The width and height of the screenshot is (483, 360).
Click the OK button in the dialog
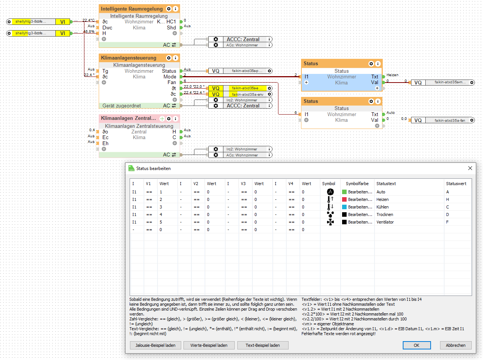click(x=416, y=345)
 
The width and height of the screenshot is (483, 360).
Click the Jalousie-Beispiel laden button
click(x=155, y=345)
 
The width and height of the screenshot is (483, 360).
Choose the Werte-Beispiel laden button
click(x=209, y=345)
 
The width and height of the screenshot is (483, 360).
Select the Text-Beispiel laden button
click(x=263, y=345)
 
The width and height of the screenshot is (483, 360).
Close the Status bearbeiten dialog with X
click(x=470, y=168)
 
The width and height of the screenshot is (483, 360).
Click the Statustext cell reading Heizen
click(x=382, y=199)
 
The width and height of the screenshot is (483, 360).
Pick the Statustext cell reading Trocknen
click(x=385, y=214)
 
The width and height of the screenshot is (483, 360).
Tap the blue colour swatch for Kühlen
click(x=344, y=207)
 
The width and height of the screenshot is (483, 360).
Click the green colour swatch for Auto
click(x=344, y=192)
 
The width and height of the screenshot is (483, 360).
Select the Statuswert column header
click(x=456, y=184)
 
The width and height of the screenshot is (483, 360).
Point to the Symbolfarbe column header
click(x=357, y=184)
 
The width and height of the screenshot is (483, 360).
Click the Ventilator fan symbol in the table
click(x=330, y=222)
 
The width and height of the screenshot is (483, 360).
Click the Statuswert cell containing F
click(x=448, y=222)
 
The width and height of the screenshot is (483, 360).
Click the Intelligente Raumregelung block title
click(x=131, y=9)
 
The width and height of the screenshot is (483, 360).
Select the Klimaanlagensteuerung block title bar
click(x=128, y=58)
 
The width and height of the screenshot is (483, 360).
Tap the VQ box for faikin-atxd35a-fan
click(x=418, y=120)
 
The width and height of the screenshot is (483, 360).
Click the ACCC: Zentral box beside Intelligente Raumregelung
click(x=243, y=39)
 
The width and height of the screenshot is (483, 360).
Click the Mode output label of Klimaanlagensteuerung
click(x=170, y=77)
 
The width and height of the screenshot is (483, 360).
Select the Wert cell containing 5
click(x=161, y=222)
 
